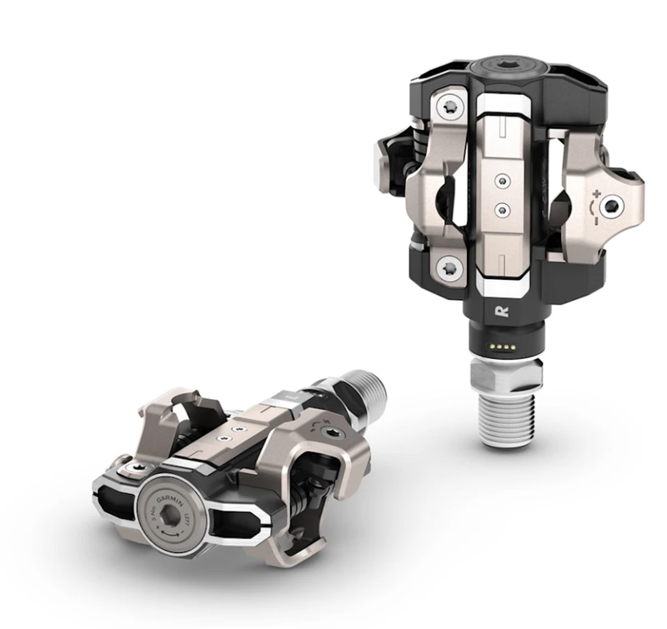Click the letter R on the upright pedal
(x=501, y=312)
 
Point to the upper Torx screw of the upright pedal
(x=451, y=107)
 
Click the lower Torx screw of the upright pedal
(x=451, y=268)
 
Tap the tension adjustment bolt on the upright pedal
(x=614, y=205)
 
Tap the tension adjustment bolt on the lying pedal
(x=333, y=433)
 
